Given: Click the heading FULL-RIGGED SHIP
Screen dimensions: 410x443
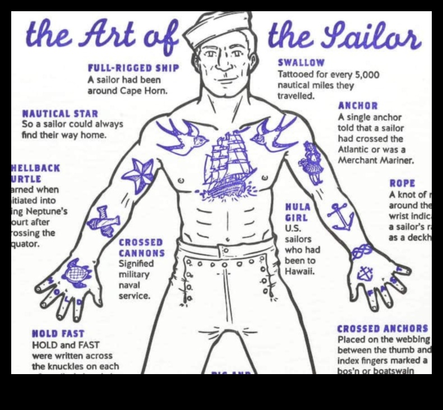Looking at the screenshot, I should pyautogui.click(x=133, y=68).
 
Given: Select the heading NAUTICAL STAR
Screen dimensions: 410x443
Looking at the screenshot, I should pyautogui.click(x=59, y=114).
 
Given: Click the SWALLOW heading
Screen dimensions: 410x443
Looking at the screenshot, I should pyautogui.click(x=301, y=63).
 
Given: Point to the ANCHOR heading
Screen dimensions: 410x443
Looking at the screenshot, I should pyautogui.click(x=358, y=105).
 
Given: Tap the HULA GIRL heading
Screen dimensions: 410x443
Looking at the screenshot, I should pyautogui.click(x=298, y=212).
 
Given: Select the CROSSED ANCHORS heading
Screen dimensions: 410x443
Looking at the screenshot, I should pyautogui.click(x=382, y=329).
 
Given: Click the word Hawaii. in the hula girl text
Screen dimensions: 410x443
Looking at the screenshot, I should pyautogui.click(x=300, y=271).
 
